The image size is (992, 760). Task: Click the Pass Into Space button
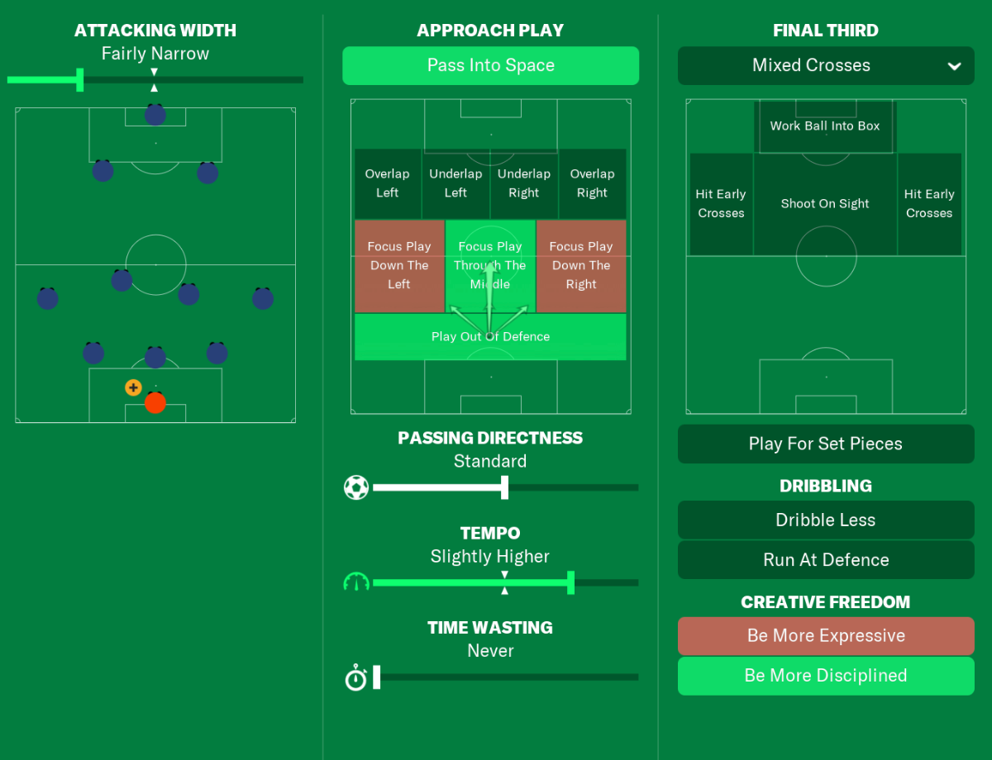coord(490,66)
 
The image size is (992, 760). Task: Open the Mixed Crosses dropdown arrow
coord(954,67)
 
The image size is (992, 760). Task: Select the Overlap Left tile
coord(388,183)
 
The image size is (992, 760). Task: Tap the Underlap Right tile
coord(524,183)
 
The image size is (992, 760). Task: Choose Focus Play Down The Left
coord(399,266)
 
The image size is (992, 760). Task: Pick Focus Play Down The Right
coord(581,266)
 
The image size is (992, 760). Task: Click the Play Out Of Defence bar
coord(490,337)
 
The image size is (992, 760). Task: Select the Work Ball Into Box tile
coord(825,126)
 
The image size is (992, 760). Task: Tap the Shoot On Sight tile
coord(825,204)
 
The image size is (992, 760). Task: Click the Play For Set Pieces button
coord(826,444)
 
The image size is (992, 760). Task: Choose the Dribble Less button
coord(826,520)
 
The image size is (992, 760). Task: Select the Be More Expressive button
coord(826,636)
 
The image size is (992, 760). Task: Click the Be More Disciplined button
coord(826,676)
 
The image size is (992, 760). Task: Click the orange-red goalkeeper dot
coord(155,403)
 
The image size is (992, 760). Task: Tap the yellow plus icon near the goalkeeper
coord(133,387)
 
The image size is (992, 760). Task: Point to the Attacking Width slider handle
coord(80,80)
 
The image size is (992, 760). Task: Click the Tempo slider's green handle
coord(570,582)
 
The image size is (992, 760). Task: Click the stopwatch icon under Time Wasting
coord(356,677)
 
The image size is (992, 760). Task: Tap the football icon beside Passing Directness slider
coord(356,487)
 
